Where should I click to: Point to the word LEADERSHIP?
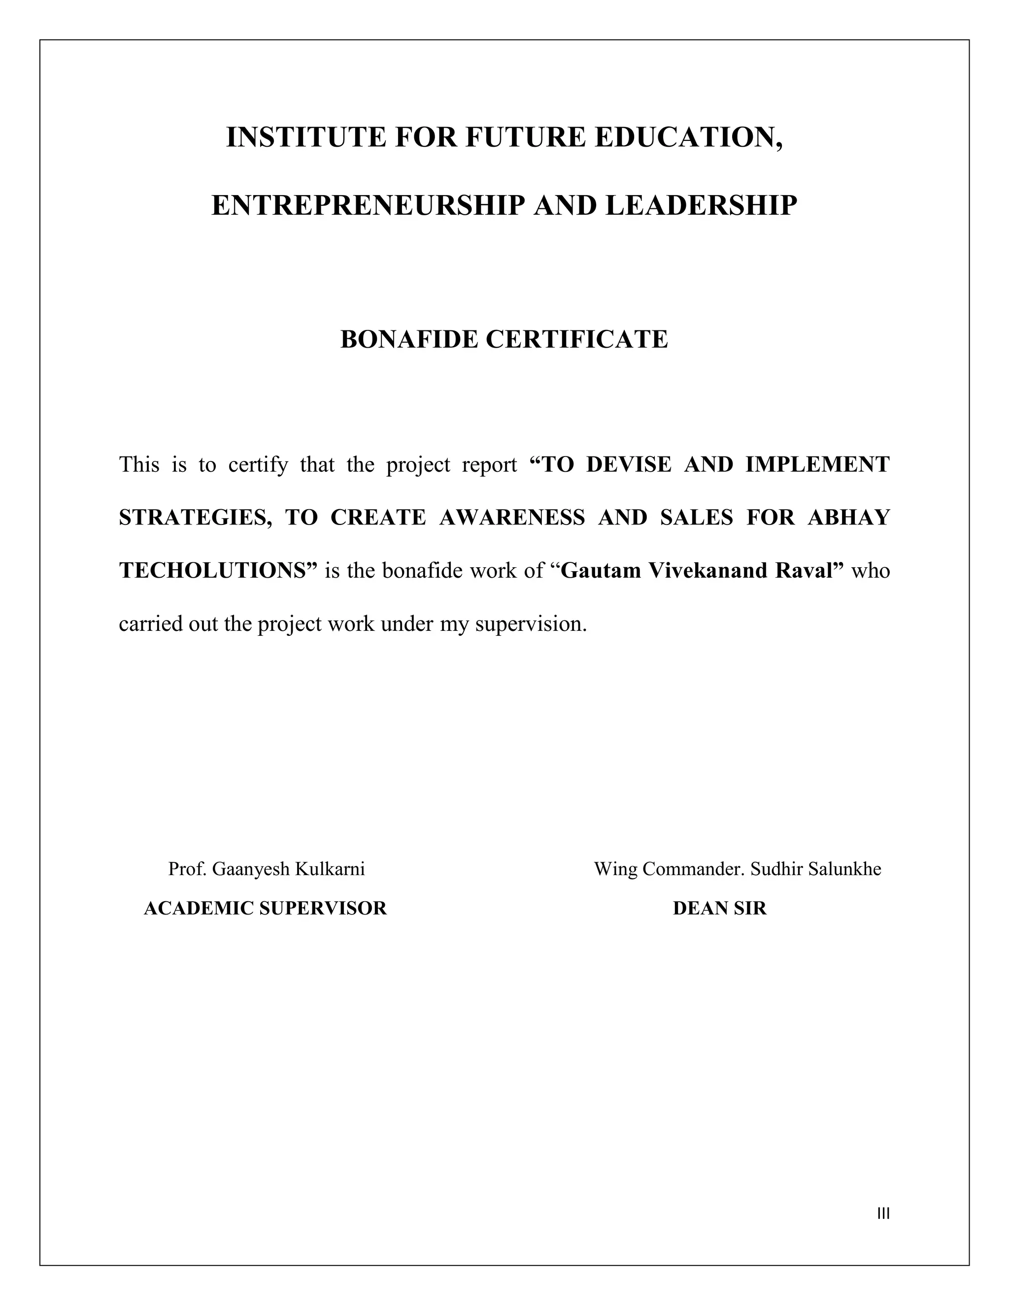701,205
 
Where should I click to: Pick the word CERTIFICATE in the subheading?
577,339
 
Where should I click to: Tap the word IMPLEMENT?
817,464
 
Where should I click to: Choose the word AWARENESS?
512,518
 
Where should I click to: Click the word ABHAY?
849,518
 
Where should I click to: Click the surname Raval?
808,571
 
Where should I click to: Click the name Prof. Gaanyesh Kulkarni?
267,869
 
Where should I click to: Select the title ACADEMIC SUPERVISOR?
266,908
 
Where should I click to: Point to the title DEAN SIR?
719,908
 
